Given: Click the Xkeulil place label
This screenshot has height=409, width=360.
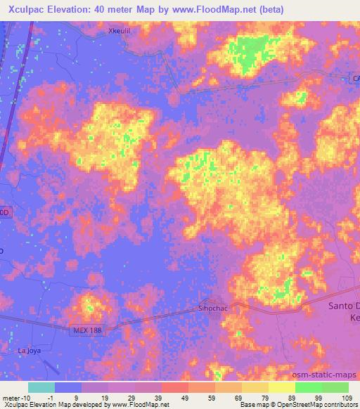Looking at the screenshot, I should (x=120, y=31).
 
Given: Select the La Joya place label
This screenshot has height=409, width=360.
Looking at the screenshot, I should (x=30, y=349).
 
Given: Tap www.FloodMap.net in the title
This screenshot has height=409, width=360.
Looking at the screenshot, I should (x=238, y=8).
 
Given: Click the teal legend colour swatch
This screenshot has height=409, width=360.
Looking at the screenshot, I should (x=41, y=387).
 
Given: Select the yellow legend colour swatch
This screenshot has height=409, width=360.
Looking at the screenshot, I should (x=282, y=387).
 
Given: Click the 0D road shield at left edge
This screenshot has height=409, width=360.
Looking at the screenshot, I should (x=5, y=212).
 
